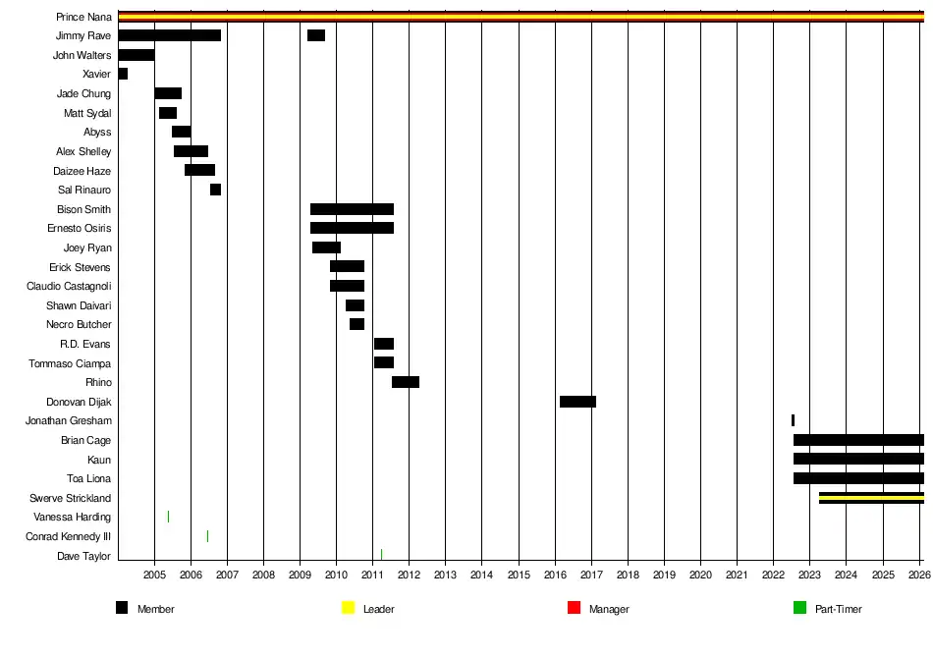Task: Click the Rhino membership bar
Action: click(x=406, y=382)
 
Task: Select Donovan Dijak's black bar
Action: click(x=577, y=402)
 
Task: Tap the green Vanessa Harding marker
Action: click(x=168, y=517)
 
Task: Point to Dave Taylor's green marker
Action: click(x=381, y=555)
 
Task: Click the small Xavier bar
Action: click(x=123, y=74)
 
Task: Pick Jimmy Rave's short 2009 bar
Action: click(x=316, y=35)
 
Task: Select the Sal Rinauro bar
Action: click(x=215, y=190)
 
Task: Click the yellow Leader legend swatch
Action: click(x=348, y=609)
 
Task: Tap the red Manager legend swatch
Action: click(x=575, y=609)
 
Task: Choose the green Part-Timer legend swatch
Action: click(x=800, y=609)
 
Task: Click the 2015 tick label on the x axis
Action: click(x=519, y=574)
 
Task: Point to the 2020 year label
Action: click(x=700, y=574)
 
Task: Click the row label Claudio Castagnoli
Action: click(x=69, y=286)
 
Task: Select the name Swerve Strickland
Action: click(x=70, y=498)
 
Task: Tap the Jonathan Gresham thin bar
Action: click(x=793, y=420)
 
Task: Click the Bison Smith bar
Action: click(x=352, y=209)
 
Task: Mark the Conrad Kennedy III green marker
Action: click(x=207, y=536)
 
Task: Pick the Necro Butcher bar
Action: click(x=357, y=324)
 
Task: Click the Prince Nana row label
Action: click(x=84, y=17)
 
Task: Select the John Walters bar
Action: click(x=136, y=55)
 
